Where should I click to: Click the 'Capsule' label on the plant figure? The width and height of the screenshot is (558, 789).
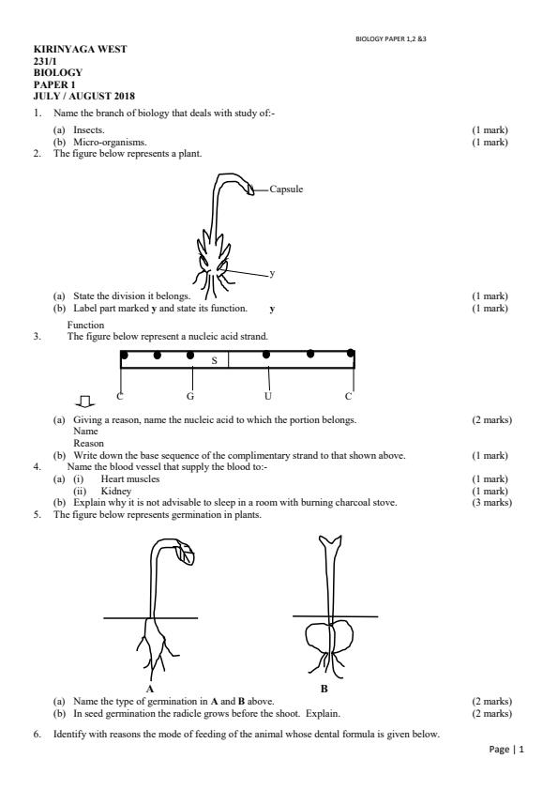pyautogui.click(x=286, y=190)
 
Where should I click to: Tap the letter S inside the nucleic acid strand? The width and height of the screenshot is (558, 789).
pyautogui.click(x=215, y=360)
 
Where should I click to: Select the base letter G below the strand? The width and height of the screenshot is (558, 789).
pyautogui.click(x=190, y=397)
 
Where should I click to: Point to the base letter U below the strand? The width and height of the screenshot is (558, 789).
pyautogui.click(x=267, y=396)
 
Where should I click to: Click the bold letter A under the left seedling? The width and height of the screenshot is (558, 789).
pyautogui.click(x=150, y=689)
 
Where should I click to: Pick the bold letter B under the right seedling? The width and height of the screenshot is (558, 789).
pyautogui.click(x=324, y=689)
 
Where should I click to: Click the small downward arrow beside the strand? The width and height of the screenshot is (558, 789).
pyautogui.click(x=85, y=401)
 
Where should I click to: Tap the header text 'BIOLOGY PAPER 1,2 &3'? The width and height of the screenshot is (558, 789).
pyautogui.click(x=391, y=38)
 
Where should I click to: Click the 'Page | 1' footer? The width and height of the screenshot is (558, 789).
pyautogui.click(x=506, y=750)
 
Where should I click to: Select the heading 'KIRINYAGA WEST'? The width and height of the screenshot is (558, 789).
pyautogui.click(x=80, y=50)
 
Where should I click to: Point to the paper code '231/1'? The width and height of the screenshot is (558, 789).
pyautogui.click(x=45, y=61)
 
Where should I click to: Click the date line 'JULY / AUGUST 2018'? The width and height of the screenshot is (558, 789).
pyautogui.click(x=84, y=96)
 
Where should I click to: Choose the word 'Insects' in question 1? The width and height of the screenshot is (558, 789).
pyautogui.click(x=88, y=129)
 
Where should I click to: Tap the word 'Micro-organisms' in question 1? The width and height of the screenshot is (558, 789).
pyautogui.click(x=109, y=142)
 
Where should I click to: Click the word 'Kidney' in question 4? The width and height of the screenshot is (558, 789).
pyautogui.click(x=115, y=491)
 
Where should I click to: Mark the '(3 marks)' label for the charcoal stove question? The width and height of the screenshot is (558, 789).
pyautogui.click(x=491, y=502)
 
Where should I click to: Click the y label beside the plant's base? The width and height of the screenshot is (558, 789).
pyautogui.click(x=272, y=273)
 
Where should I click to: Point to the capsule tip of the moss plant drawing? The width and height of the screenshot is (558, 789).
pyautogui.click(x=250, y=190)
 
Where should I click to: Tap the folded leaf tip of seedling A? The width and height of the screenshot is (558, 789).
pyautogui.click(x=185, y=554)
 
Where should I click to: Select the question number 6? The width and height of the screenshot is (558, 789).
pyautogui.click(x=38, y=735)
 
